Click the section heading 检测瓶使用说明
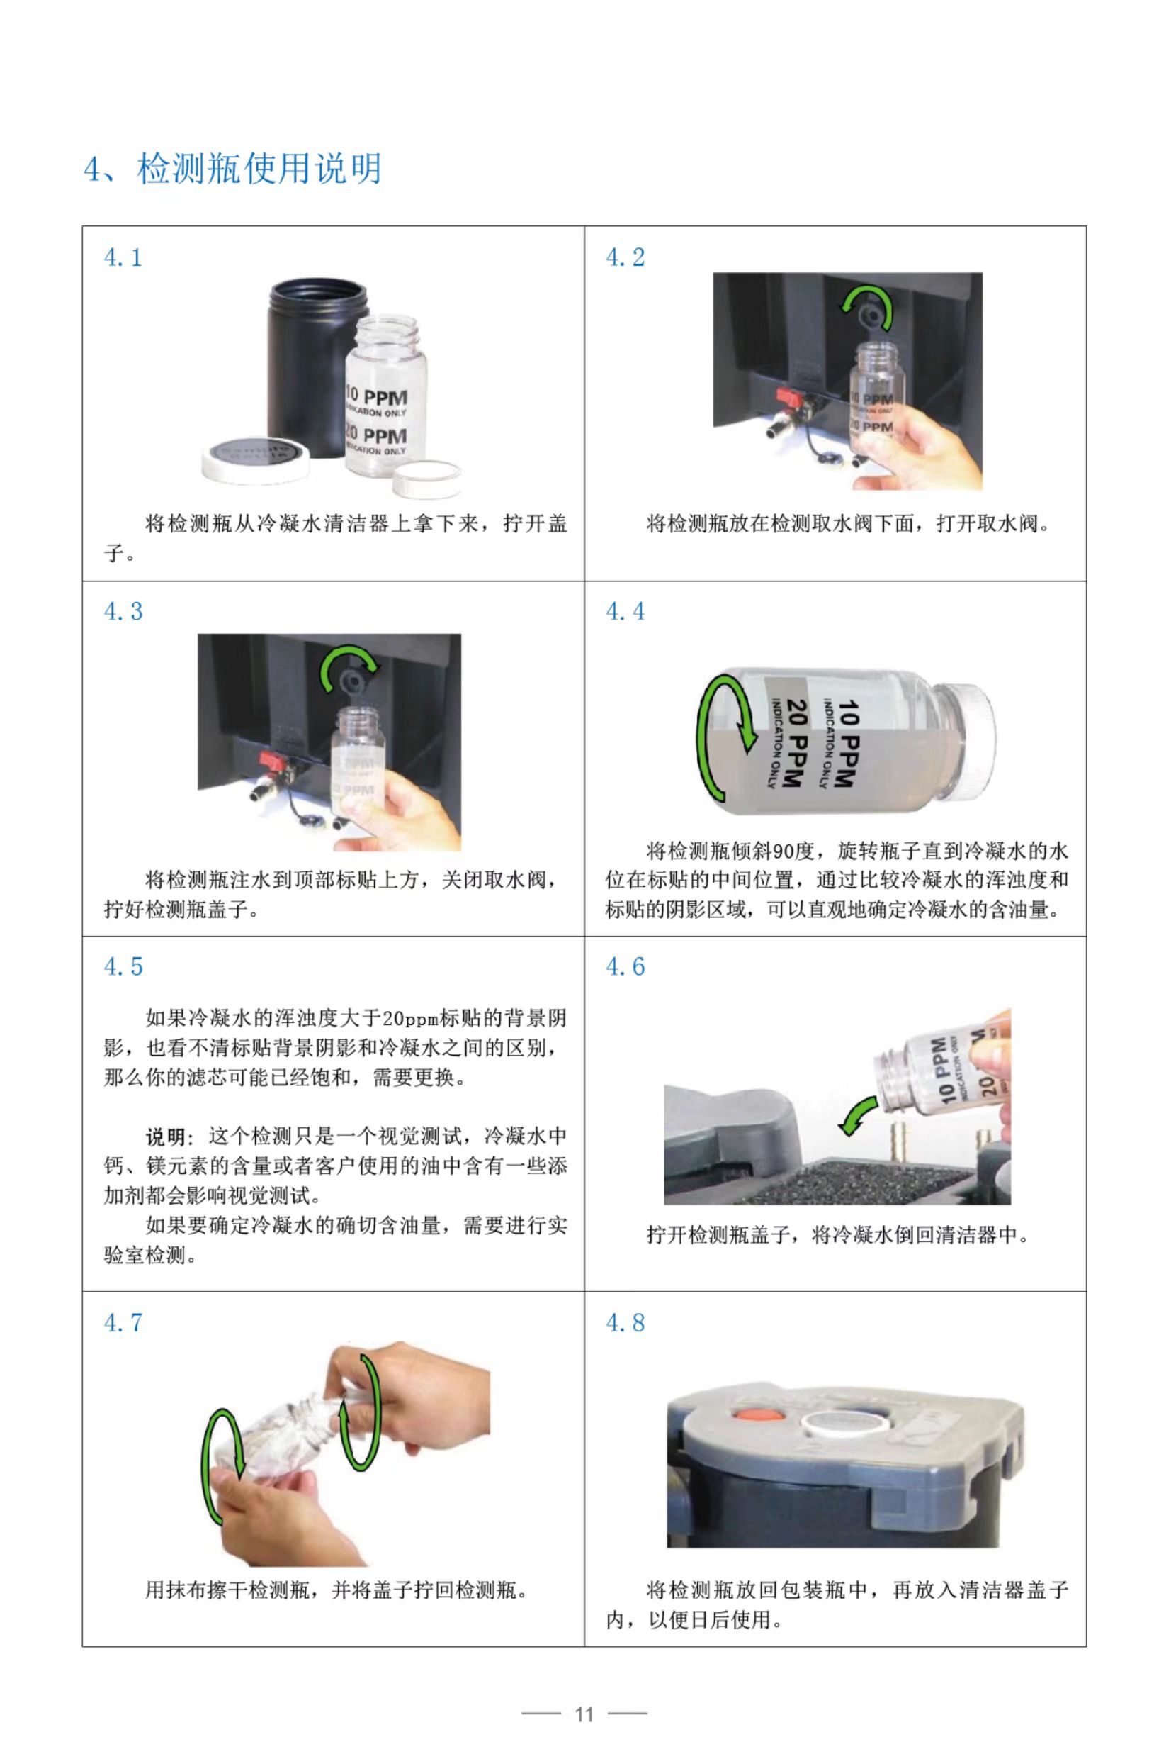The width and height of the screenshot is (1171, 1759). [259, 168]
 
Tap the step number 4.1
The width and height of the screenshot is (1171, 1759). [123, 258]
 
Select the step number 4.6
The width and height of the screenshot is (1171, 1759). [625, 967]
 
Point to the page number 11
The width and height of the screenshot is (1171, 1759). [584, 1714]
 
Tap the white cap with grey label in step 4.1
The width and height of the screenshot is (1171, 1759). [256, 458]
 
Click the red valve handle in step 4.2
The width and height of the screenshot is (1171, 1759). [788, 398]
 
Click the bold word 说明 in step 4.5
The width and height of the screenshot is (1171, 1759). [165, 1137]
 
